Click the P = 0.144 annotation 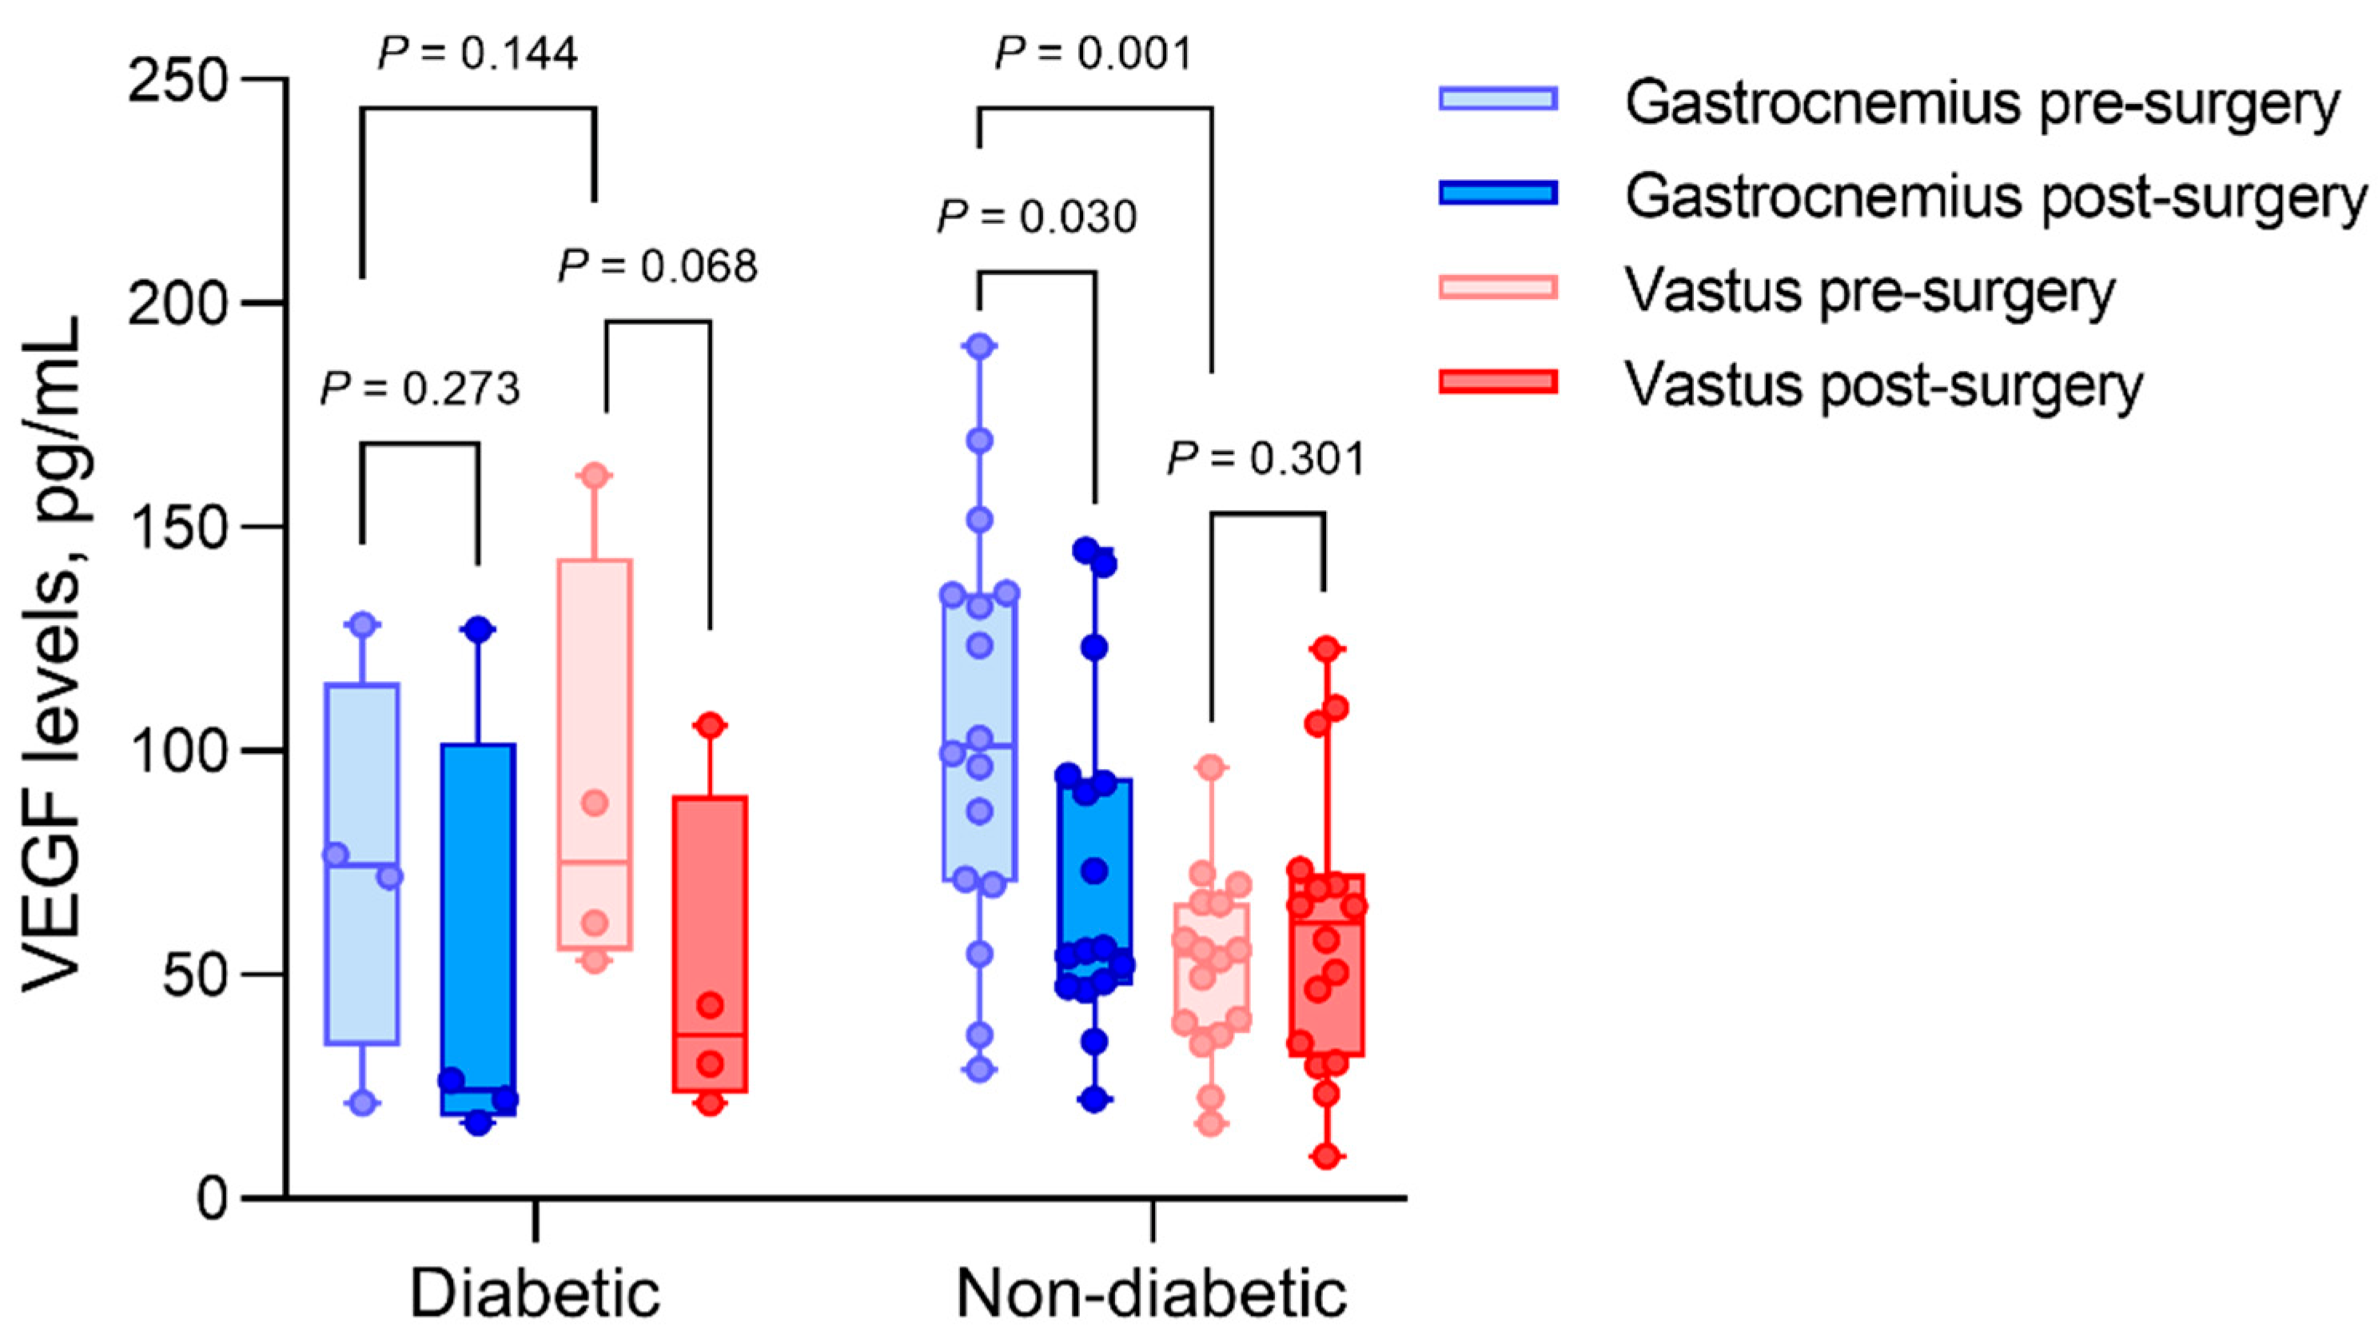(478, 54)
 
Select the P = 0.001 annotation (1094, 54)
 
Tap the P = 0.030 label (1037, 217)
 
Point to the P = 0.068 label (657, 267)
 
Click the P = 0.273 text (420, 389)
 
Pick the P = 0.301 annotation (1265, 460)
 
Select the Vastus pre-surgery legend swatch (1497, 287)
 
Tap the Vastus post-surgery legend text (1883, 385)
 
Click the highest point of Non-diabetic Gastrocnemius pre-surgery (979, 347)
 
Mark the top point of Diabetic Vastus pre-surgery (595, 476)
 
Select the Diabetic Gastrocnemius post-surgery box (478, 923)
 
